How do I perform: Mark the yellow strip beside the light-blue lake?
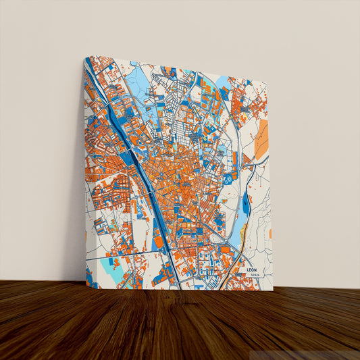(x=243, y=234)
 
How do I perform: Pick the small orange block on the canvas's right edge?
(x=270, y=233)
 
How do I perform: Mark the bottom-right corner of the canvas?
(x=273, y=290)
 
